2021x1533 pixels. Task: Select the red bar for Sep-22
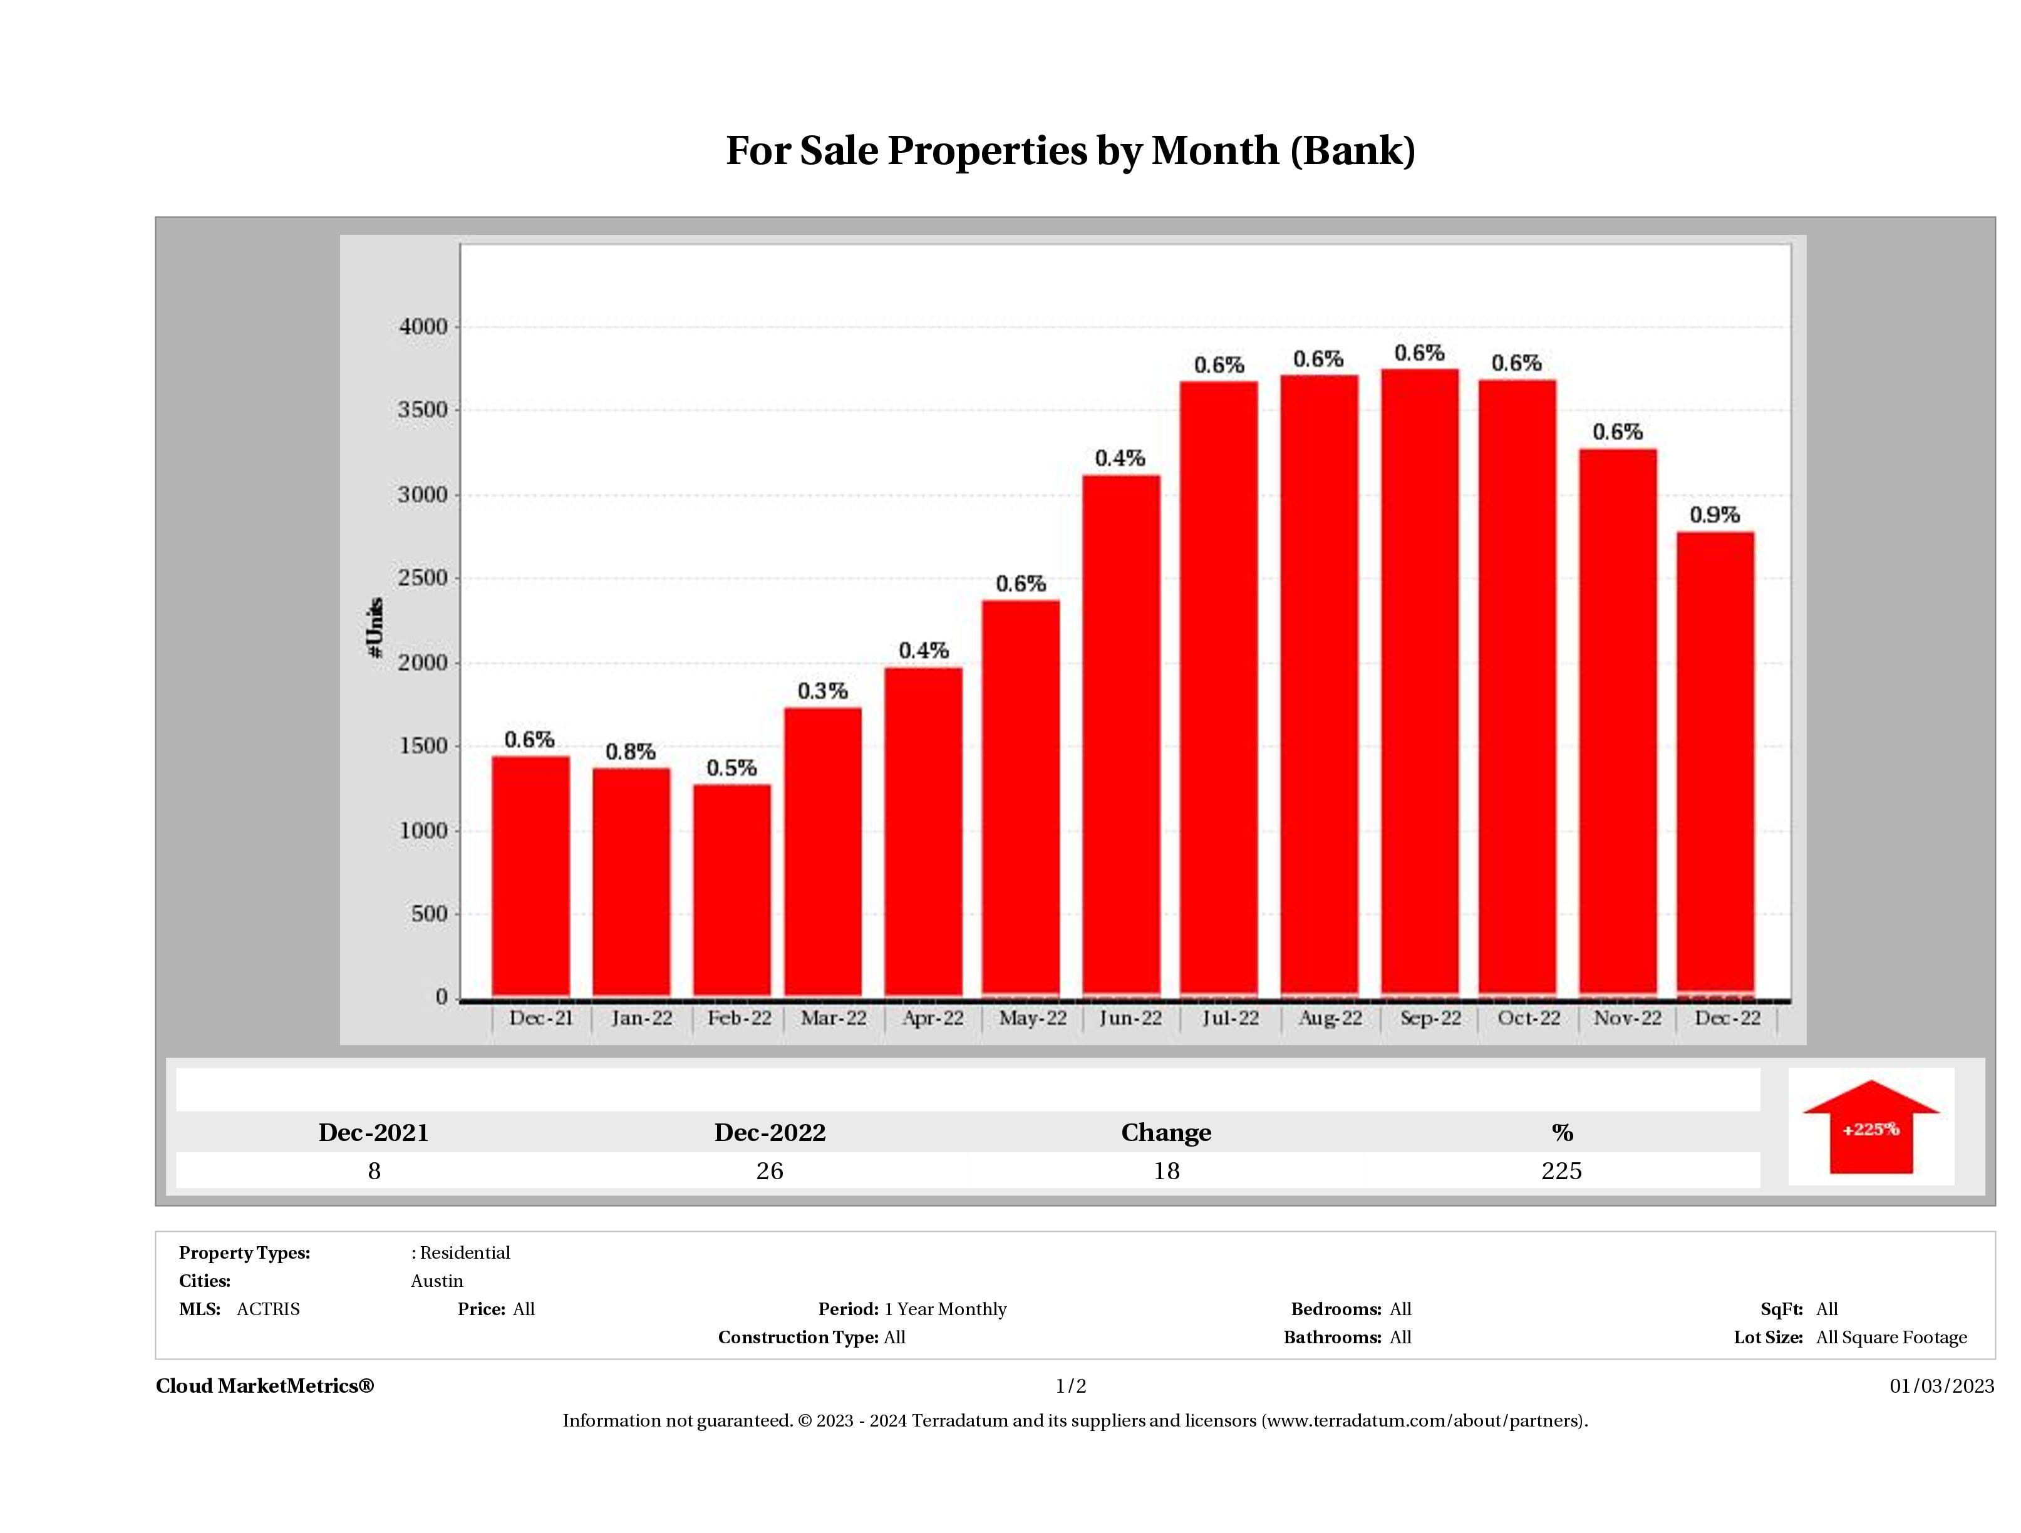click(1419, 681)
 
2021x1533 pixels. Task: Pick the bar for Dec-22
click(1715, 763)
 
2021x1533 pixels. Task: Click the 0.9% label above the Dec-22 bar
click(1714, 515)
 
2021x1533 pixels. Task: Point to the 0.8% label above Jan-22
click(631, 752)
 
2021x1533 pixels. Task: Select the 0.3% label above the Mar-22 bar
click(822, 691)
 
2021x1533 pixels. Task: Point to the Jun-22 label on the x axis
click(1130, 1018)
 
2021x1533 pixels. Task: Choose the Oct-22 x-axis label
click(1529, 1018)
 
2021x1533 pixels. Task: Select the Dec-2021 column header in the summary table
click(374, 1133)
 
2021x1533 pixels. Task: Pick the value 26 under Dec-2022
click(769, 1171)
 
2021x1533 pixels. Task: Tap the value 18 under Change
click(1166, 1171)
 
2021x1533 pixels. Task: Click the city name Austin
click(437, 1281)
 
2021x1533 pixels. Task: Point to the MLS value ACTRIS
click(267, 1309)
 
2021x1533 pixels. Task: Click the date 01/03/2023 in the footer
click(1941, 1386)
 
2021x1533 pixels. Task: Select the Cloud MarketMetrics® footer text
click(265, 1386)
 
